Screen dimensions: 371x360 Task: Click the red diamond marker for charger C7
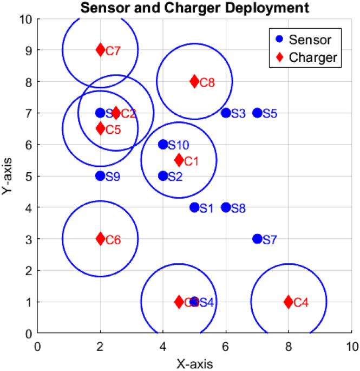(100, 50)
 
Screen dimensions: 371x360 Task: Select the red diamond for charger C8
(194, 82)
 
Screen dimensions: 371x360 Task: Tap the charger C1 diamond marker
(179, 160)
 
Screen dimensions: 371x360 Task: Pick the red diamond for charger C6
(100, 239)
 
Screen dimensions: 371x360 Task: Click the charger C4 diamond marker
(289, 302)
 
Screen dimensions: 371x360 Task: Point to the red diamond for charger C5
(100, 128)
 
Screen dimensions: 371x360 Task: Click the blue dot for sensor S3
(226, 113)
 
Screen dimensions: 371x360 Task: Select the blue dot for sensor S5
(257, 113)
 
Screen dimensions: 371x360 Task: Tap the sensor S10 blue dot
(163, 145)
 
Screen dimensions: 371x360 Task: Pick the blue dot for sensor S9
(100, 176)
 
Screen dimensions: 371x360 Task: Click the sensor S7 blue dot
(257, 239)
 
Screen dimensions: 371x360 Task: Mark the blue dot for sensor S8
(226, 207)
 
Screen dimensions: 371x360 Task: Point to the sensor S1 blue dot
(194, 207)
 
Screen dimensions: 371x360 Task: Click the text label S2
(175, 177)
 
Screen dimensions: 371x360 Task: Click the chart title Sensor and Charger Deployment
(194, 8)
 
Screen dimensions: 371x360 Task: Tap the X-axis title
(194, 362)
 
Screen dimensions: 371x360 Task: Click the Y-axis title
(8, 176)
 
